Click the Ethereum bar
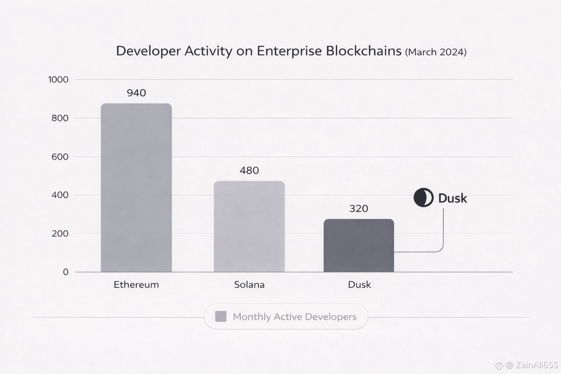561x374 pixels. pyautogui.click(x=136, y=188)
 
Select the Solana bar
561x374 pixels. pyautogui.click(x=249, y=226)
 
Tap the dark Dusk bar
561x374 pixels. pyautogui.click(x=359, y=245)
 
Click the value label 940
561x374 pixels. pyautogui.click(x=136, y=93)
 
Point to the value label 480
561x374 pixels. pyautogui.click(x=249, y=171)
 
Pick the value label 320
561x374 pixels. pyautogui.click(x=359, y=209)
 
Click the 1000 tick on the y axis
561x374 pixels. pyautogui.click(x=58, y=80)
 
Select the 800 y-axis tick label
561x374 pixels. pyautogui.click(x=60, y=118)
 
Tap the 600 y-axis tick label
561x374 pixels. pyautogui.click(x=60, y=157)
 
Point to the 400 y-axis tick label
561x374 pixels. pyautogui.click(x=60, y=195)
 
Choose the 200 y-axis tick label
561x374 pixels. pyautogui.click(x=60, y=233)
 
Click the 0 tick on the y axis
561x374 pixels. pyautogui.click(x=66, y=272)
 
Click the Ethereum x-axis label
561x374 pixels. pyautogui.click(x=136, y=285)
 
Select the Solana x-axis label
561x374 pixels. pyautogui.click(x=249, y=285)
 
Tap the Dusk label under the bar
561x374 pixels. pyautogui.click(x=359, y=285)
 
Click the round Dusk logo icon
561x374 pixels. pyautogui.click(x=423, y=198)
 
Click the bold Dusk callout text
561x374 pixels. pyautogui.click(x=453, y=198)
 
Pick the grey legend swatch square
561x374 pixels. pyautogui.click(x=221, y=316)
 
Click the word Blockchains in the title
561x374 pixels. pyautogui.click(x=363, y=51)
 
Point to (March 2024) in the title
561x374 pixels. pyautogui.click(x=436, y=52)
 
